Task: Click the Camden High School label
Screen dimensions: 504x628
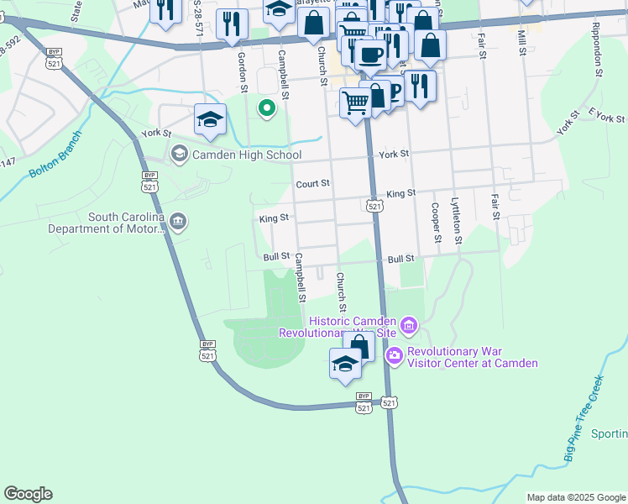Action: [247, 155]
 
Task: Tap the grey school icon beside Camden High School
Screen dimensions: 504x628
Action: [178, 154]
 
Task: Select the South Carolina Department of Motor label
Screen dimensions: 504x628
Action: [105, 223]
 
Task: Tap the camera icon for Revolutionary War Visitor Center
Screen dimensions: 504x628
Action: [394, 357]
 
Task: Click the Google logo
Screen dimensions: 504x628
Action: [28, 494]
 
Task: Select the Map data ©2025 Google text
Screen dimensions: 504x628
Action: [576, 497]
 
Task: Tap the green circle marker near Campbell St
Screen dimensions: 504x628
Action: [266, 108]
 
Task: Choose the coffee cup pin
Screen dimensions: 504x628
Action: [369, 55]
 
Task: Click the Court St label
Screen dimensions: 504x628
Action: [312, 183]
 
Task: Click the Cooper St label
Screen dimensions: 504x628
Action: [435, 222]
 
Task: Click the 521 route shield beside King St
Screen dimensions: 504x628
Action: [375, 206]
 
